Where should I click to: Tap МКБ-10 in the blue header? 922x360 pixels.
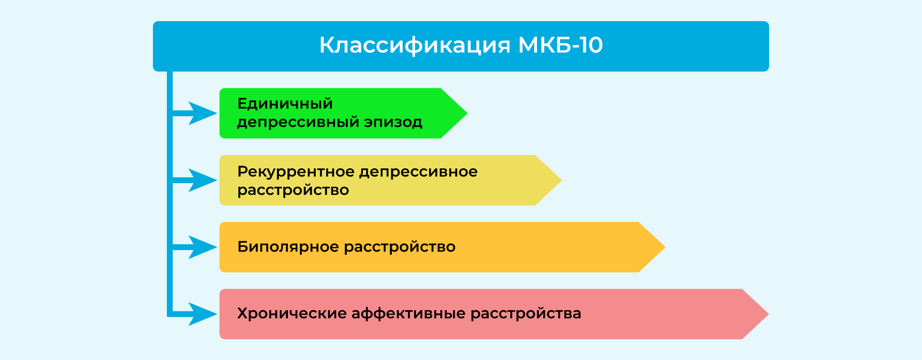pyautogui.click(x=560, y=45)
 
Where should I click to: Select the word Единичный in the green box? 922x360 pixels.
pyautogui.click(x=285, y=104)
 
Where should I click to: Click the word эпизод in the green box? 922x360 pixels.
pyautogui.click(x=393, y=122)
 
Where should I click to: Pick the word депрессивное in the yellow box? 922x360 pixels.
pyautogui.click(x=418, y=172)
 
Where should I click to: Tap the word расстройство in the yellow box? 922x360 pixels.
pyautogui.click(x=293, y=190)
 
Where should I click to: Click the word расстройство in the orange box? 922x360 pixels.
pyautogui.click(x=400, y=247)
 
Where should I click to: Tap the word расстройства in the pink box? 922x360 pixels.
pyautogui.click(x=526, y=314)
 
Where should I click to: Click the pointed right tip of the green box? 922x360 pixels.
pyautogui.click(x=467, y=113)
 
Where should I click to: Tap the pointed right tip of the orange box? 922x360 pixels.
pyautogui.click(x=665, y=247)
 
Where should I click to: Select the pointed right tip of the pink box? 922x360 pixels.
pyautogui.click(x=769, y=314)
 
